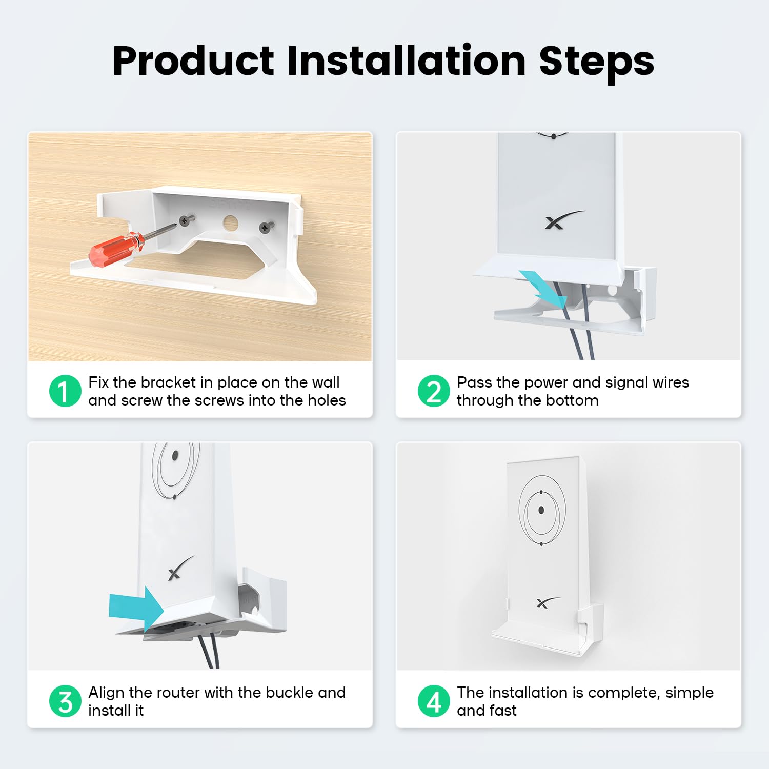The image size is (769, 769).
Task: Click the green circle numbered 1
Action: pos(65,391)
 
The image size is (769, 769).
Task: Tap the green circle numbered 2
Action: pos(434,391)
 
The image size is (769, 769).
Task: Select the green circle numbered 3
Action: pos(65,701)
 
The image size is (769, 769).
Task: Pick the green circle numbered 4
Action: pos(434,701)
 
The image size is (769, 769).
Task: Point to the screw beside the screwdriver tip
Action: pos(185,221)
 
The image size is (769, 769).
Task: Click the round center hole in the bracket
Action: pos(230,223)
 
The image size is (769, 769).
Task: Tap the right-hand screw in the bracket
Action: pos(266,227)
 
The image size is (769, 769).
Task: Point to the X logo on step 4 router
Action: pos(547,602)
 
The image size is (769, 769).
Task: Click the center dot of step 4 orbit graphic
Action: pos(541,510)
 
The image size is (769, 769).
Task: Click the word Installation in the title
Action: pos(407,61)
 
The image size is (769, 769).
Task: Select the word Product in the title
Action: pos(193,61)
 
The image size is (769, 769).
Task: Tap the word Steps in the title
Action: pos(596,61)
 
